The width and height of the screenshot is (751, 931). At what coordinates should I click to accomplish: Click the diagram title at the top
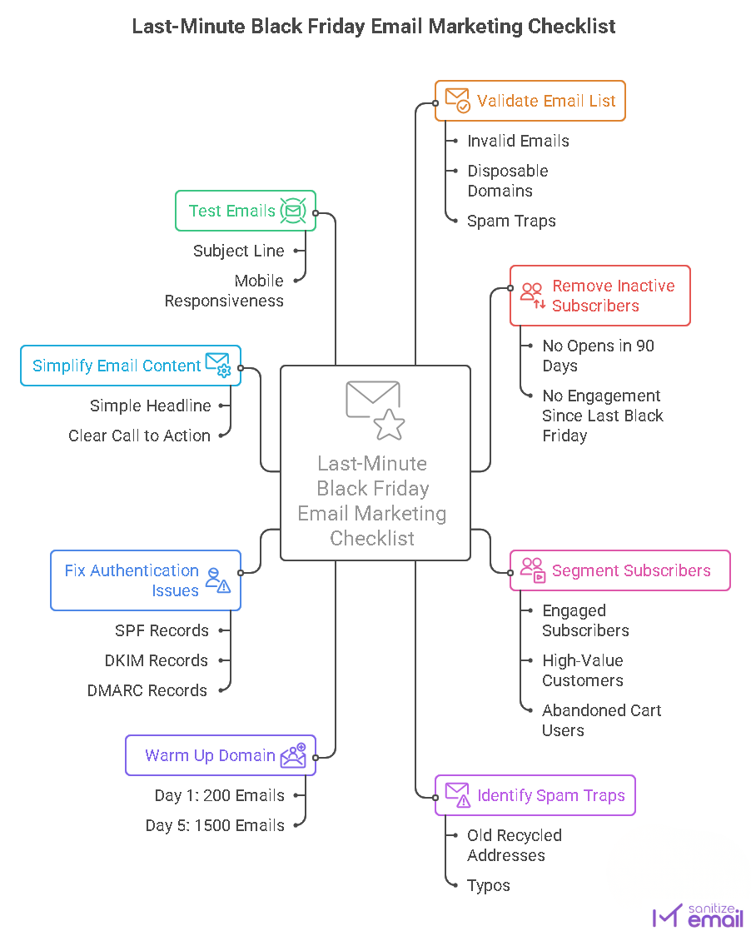pos(374,27)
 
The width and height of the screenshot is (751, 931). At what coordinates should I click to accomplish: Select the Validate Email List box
pos(530,101)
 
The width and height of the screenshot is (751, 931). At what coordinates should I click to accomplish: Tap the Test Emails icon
pos(292,211)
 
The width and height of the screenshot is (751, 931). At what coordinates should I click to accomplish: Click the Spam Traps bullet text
pos(511,221)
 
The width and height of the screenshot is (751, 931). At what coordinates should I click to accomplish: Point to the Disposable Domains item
pos(507,181)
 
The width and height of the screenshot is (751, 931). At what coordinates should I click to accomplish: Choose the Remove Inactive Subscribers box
pos(599,296)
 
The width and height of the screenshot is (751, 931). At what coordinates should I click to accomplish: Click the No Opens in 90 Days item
pos(598,356)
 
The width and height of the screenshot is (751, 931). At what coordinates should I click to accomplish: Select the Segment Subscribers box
pos(619,570)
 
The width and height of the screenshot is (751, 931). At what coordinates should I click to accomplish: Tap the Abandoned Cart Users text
pos(601,720)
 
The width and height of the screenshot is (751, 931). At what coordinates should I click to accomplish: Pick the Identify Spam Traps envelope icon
pos(457,795)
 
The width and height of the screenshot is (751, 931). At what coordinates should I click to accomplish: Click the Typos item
pos(489,885)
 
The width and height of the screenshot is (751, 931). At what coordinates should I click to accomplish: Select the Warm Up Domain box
pos(220,755)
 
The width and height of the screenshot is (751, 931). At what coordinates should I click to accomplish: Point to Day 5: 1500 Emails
pos(215,825)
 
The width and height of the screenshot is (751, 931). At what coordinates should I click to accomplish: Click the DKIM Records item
pos(157,660)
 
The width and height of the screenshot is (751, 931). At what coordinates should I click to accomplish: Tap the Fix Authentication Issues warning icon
pos(218,580)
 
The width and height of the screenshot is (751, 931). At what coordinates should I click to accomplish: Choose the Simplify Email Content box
pos(131,366)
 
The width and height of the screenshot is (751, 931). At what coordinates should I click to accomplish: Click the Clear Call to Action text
pos(139,436)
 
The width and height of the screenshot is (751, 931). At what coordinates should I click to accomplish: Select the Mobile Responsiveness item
pos(224,291)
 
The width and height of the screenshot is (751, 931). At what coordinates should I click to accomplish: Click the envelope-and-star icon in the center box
pos(375,410)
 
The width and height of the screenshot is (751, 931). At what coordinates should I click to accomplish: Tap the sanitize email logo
pos(699,914)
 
